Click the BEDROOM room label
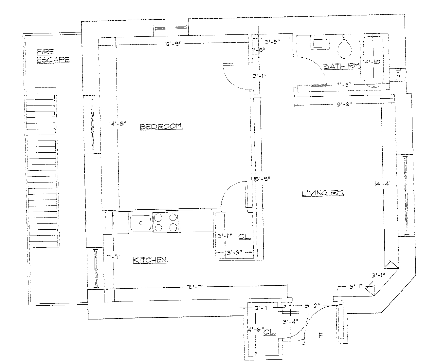tap(161, 127)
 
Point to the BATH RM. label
tap(341, 66)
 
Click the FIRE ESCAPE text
tap(53, 55)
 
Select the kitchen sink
tap(140, 222)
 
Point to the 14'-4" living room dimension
tap(382, 184)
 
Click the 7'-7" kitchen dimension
tap(114, 258)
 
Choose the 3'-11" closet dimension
tap(225, 235)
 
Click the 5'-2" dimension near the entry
tap(313, 305)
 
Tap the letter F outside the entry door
tap(320, 335)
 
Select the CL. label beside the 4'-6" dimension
tap(270, 332)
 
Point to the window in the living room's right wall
tap(407, 195)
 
